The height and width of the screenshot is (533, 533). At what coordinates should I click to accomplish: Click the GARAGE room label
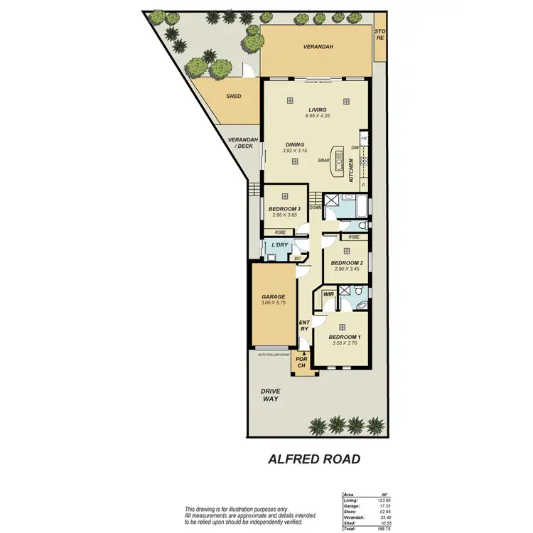coord(273,297)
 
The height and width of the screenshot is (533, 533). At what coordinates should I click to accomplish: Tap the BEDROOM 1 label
coord(344,337)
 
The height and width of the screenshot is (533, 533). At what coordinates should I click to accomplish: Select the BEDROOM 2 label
coord(344,262)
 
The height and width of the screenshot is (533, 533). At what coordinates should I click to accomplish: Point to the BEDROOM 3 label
coord(284,208)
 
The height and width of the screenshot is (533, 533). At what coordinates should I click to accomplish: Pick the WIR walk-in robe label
coord(329,293)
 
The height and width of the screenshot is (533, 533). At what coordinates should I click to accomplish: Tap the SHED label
coord(233,97)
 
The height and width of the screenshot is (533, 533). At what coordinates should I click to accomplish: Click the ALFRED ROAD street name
coord(313,459)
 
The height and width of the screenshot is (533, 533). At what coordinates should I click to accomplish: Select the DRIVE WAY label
coord(270,394)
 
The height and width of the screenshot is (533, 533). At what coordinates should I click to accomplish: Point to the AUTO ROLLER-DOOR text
coord(274,353)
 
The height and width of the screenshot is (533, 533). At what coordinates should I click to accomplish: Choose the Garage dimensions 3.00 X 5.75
coord(273,303)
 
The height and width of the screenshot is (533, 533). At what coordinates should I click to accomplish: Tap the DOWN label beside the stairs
coord(316,208)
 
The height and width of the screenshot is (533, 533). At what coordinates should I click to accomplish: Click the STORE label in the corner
coord(379,34)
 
